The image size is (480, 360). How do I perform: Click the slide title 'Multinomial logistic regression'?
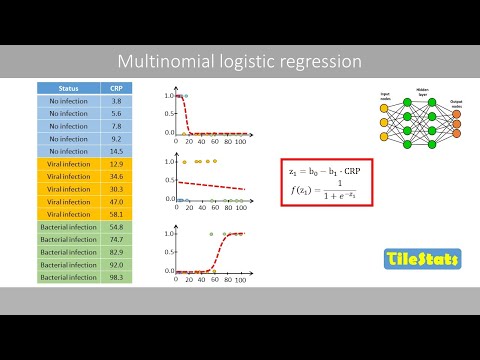click(239, 61)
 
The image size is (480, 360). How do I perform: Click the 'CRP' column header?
click(116, 87)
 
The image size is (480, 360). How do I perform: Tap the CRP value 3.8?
click(116, 101)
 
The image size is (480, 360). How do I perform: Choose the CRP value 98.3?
click(116, 277)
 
